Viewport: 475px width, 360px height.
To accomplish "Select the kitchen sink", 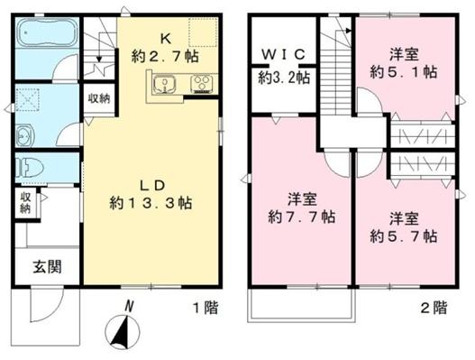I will click(166, 87).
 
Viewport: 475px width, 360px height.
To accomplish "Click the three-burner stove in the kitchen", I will click(200, 87).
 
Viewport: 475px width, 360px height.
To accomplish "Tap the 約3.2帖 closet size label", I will click(283, 77).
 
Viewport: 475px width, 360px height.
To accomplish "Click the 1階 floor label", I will click(206, 307).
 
